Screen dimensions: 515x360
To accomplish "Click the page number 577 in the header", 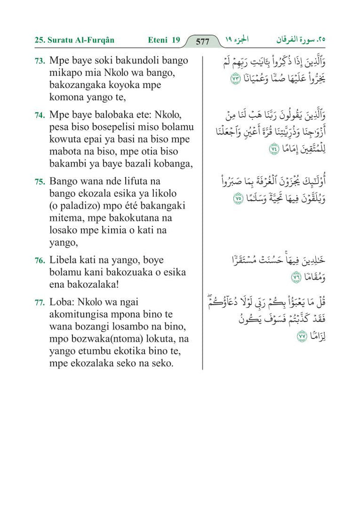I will [x=202, y=42].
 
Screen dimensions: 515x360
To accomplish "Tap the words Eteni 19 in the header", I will [x=164, y=40].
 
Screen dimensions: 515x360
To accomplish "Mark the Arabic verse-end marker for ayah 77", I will [x=302, y=336].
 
